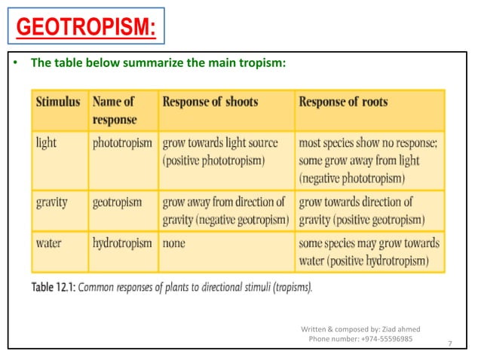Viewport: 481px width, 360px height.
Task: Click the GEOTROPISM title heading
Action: (x=85, y=28)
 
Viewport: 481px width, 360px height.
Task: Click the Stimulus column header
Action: (x=57, y=102)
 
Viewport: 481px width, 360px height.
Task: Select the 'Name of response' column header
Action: (x=113, y=111)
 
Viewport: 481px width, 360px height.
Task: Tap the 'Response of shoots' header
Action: (x=210, y=102)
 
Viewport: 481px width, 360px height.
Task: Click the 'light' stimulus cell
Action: (x=47, y=142)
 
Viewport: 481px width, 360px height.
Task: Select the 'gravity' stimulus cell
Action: (x=52, y=202)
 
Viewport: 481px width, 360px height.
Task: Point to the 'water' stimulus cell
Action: (x=50, y=243)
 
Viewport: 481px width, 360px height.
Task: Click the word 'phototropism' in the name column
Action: (x=122, y=142)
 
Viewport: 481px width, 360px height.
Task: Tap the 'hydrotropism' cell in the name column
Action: (x=122, y=243)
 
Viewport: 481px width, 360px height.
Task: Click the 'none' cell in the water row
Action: (x=173, y=243)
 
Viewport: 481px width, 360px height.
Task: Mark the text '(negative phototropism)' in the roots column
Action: (x=352, y=178)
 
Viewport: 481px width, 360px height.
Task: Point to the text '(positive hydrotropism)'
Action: (x=364, y=261)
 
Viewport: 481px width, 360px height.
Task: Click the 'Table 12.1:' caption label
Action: (x=53, y=287)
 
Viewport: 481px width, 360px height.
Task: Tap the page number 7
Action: (x=450, y=343)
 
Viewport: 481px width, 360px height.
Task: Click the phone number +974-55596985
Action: (x=360, y=339)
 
